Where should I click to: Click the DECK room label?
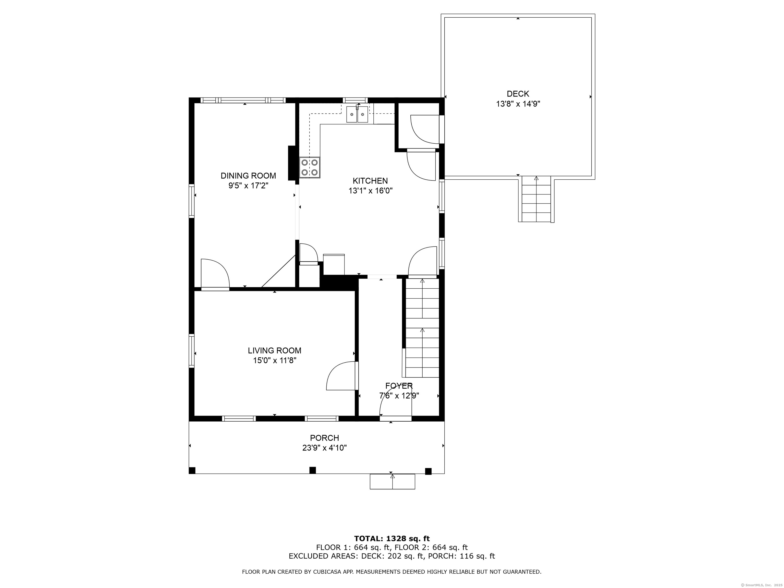518,94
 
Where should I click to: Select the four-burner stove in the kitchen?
309,167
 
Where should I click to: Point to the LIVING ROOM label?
274,351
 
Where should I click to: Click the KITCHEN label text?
370,181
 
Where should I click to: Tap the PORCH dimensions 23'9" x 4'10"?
324,448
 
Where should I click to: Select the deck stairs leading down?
536,199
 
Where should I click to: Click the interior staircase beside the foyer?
422,328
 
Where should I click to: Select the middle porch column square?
312,470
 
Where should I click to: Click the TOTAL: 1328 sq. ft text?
392,539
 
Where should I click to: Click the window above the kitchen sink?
355,100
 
